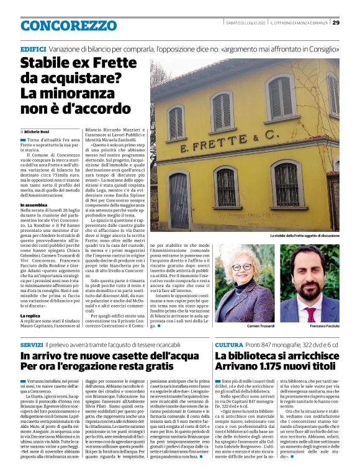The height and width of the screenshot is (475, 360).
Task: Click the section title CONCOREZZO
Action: [x=60, y=26]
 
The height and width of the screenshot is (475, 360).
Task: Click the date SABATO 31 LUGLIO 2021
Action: [x=246, y=23]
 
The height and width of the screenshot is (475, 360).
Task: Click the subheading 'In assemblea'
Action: [x=34, y=205]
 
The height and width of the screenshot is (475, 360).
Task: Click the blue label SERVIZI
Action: [x=32, y=344]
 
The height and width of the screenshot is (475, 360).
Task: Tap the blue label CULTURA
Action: [x=228, y=344]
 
